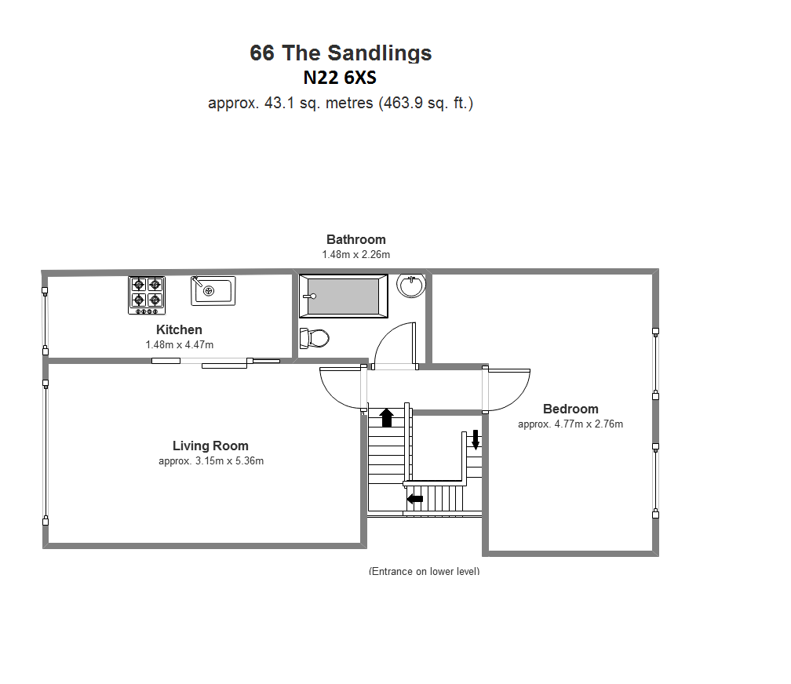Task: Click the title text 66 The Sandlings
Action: tap(341, 53)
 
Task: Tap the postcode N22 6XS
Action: tap(340, 78)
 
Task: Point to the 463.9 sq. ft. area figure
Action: tap(426, 103)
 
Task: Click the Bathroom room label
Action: tap(356, 239)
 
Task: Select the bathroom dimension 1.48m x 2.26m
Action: tap(356, 255)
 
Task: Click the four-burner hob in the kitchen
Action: tap(147, 295)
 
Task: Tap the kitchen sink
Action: tap(213, 290)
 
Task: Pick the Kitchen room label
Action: tap(179, 330)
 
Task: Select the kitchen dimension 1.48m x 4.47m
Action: tap(180, 345)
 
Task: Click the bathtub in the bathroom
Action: tap(344, 296)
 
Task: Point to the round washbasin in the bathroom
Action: tap(411, 286)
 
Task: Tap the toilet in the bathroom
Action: tap(314, 338)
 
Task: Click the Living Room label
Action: tap(210, 446)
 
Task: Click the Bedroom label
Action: tap(570, 409)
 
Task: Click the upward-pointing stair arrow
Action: tap(387, 417)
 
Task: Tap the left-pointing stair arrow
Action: tap(415, 499)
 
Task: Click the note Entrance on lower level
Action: tap(425, 571)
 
